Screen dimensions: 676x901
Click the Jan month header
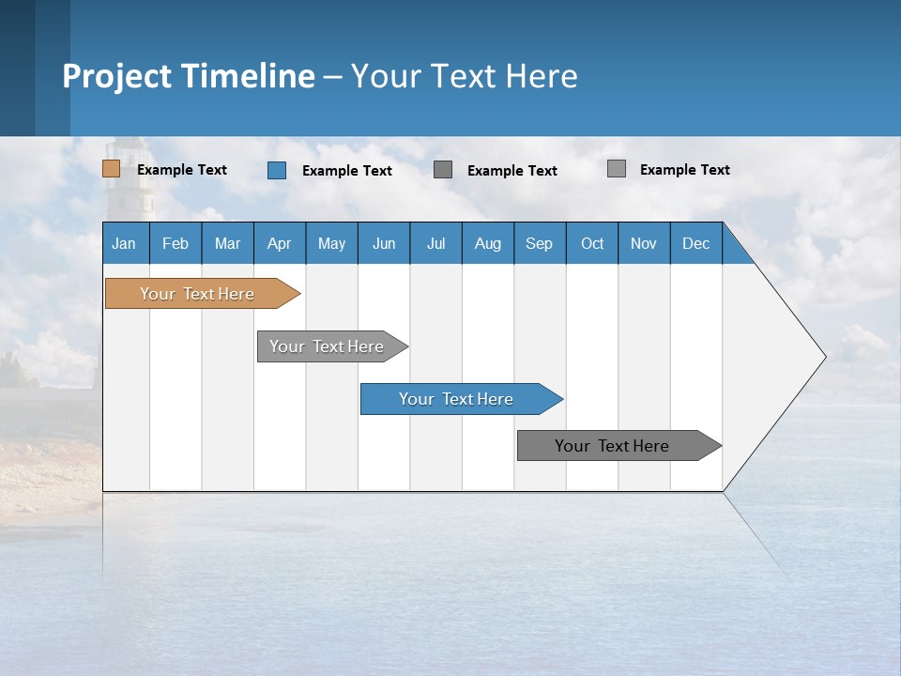125,243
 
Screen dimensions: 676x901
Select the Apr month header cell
280,243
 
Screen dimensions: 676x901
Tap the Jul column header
435,243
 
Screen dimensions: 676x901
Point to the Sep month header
540,243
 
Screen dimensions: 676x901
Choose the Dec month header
695,243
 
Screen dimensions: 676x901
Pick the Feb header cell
176,243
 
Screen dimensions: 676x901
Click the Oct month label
592,243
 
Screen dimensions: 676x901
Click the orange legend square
111,169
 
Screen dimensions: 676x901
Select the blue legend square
277,170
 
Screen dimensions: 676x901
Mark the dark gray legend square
443,169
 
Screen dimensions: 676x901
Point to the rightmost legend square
617,169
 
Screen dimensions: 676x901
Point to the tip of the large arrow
823,357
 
